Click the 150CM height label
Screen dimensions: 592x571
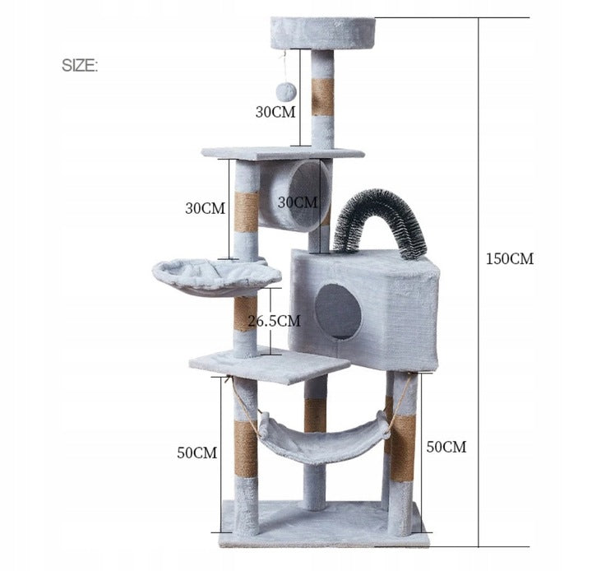(509, 259)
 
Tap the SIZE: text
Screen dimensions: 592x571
(80, 66)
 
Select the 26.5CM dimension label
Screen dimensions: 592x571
(274, 321)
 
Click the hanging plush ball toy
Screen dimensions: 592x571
(287, 92)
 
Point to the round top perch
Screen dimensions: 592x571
(323, 33)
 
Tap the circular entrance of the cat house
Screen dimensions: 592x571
(338, 312)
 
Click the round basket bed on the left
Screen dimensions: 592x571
(216, 277)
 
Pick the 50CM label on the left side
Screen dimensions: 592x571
(197, 453)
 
